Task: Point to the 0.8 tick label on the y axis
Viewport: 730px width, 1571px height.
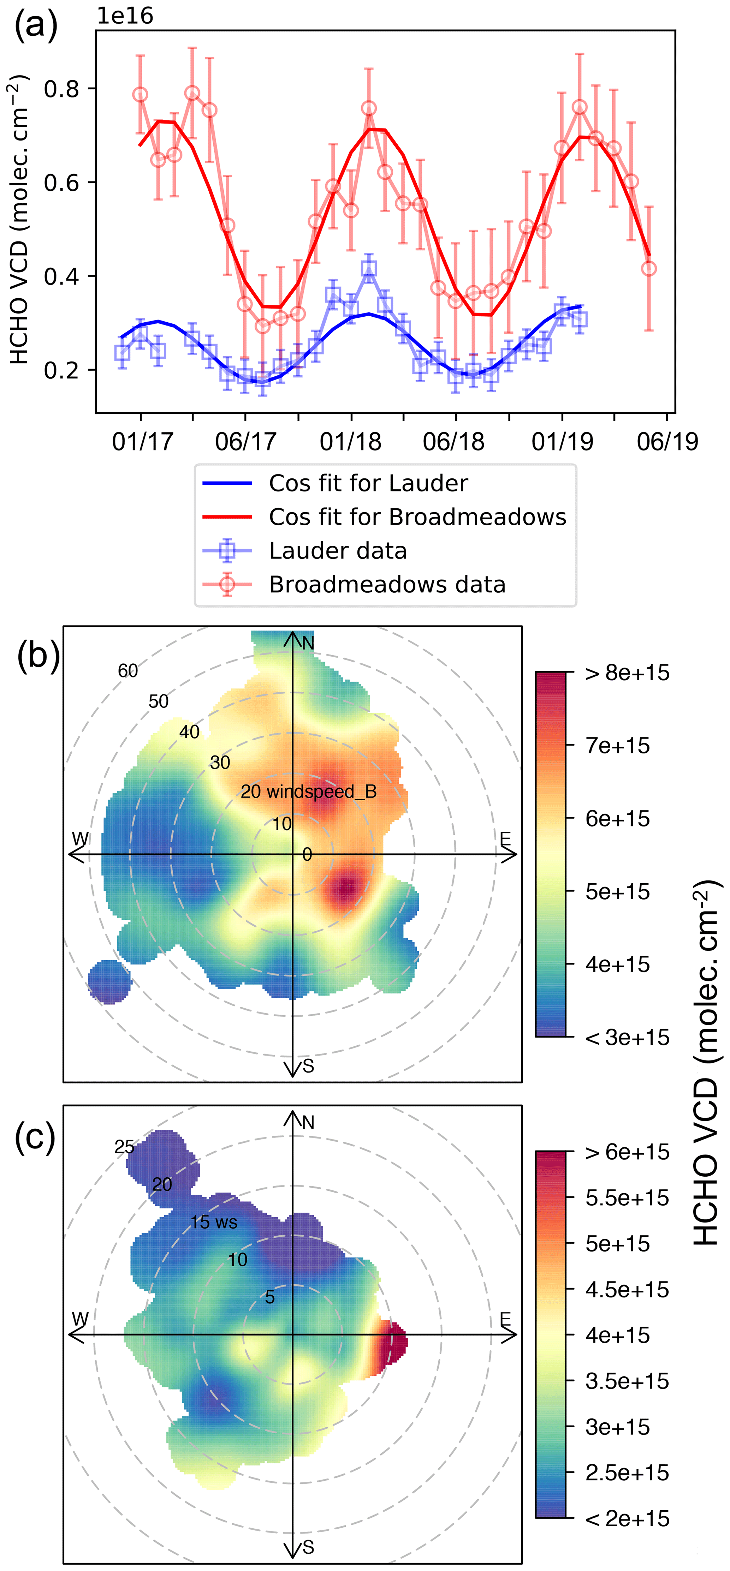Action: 61,89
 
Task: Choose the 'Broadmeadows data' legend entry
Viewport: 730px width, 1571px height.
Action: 387,584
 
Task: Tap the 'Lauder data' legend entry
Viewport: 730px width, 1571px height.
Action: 338,551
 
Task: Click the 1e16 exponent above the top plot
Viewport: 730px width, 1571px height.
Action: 125,16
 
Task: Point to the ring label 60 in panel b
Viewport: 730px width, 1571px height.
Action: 127,671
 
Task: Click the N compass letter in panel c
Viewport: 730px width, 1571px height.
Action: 308,1122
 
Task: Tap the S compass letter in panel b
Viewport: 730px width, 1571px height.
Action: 308,1066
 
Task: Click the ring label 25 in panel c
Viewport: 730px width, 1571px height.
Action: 124,1147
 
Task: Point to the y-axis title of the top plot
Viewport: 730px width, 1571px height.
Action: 19,220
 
